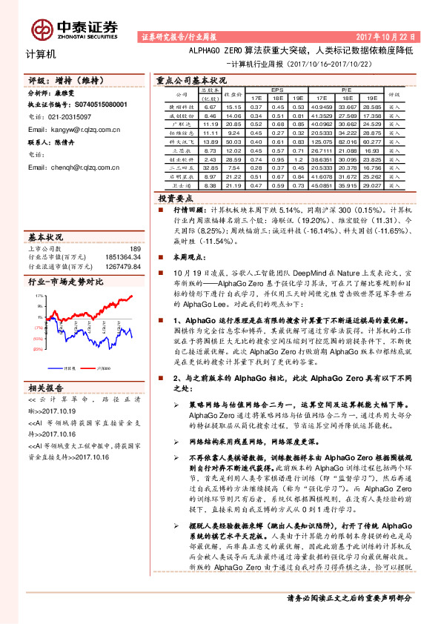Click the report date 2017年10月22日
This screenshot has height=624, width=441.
[x=391, y=36]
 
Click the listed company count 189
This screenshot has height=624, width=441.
[x=134, y=248]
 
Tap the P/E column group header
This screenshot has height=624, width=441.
[x=345, y=89]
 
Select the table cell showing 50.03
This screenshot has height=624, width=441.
[x=232, y=141]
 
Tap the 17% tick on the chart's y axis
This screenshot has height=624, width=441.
[x=38, y=296]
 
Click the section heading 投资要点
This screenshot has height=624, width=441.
[x=176, y=199]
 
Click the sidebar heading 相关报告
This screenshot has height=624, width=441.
[x=46, y=388]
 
